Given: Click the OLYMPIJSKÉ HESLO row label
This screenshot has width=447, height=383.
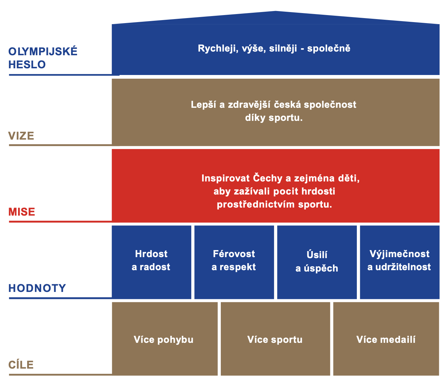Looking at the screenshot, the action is click(43, 58).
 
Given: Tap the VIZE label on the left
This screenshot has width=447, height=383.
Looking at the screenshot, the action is click(21, 136).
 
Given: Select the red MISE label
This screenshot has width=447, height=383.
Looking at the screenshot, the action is click(22, 212).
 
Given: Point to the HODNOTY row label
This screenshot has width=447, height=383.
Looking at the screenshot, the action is click(37, 288).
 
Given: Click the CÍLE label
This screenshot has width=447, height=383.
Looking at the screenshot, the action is click(21, 365).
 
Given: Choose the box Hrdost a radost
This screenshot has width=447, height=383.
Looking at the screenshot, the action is click(151, 262).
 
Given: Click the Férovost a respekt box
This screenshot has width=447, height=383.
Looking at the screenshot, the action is click(234, 262).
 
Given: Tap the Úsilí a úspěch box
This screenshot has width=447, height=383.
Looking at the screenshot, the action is click(317, 262).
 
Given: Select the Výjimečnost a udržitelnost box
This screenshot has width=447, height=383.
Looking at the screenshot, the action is click(400, 262).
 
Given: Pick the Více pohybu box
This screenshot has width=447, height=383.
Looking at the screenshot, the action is click(165, 339).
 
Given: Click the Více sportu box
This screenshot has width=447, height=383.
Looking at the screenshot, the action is click(275, 339).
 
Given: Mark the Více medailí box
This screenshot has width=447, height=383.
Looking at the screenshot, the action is click(386, 339).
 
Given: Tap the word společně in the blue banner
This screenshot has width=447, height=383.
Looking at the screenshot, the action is click(328, 49).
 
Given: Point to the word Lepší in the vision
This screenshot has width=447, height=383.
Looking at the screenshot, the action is click(203, 105).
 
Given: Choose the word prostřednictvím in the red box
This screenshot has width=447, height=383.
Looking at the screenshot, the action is click(256, 204).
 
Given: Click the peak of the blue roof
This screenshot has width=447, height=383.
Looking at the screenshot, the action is click(276, 11).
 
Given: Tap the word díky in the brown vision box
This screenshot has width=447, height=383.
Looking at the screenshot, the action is click(255, 118).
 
